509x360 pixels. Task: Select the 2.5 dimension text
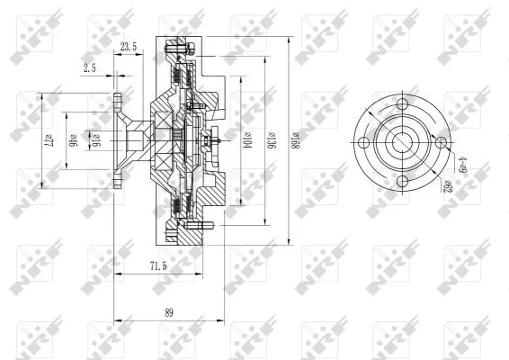click(x=90, y=67)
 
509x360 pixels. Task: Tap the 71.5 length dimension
click(x=156, y=266)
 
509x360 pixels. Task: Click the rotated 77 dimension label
click(x=49, y=140)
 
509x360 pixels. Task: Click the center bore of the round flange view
click(x=401, y=142)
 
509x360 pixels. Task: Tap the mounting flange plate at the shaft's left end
click(x=117, y=140)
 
